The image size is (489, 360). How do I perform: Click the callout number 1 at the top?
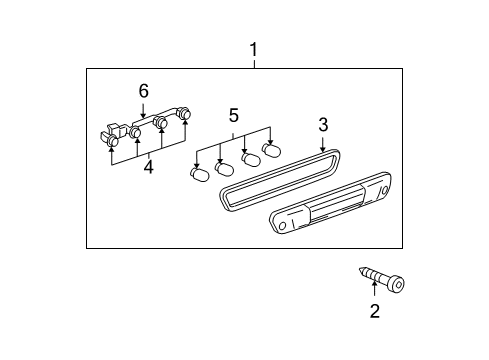[253, 49]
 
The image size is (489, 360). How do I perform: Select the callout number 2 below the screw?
[374, 312]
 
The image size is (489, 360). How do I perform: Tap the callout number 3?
[323, 125]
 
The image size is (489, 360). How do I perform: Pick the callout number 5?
[234, 115]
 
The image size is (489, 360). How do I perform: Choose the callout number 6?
[143, 91]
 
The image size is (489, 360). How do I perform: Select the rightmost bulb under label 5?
[270, 151]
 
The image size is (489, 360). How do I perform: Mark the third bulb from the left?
[247, 158]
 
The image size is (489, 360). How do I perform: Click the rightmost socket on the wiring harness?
[185, 116]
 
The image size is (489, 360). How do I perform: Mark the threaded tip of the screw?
[359, 271]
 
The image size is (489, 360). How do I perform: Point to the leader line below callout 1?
[253, 62]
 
